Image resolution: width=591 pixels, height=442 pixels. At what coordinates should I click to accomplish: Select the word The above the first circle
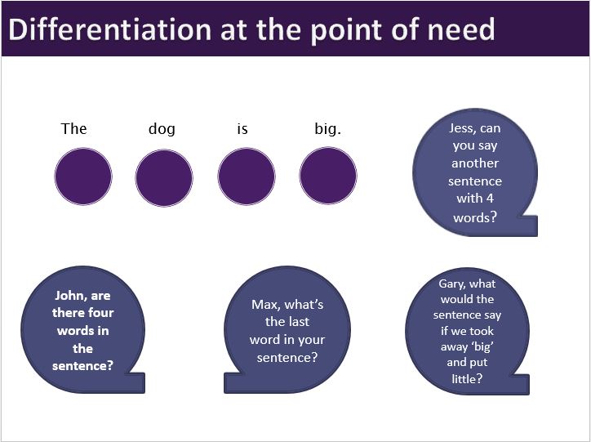74,129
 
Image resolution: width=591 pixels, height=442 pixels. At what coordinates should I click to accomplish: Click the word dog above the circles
162,129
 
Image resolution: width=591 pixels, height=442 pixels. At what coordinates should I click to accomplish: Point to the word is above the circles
242,129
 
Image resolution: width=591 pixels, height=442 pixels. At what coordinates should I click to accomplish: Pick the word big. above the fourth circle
327,129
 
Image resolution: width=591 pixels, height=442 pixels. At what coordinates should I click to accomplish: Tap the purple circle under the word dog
164,177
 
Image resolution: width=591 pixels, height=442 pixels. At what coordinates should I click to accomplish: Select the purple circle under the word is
247,177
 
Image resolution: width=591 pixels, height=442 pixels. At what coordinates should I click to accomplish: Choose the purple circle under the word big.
328,177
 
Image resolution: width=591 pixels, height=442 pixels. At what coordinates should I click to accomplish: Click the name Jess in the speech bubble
464,128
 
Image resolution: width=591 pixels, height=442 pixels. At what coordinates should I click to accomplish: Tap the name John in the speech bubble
70,296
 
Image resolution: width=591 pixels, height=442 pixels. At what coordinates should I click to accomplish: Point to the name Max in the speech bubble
266,305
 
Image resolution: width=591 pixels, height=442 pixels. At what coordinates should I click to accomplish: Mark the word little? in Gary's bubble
468,377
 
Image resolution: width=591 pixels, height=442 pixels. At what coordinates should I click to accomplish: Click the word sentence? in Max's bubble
287,358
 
